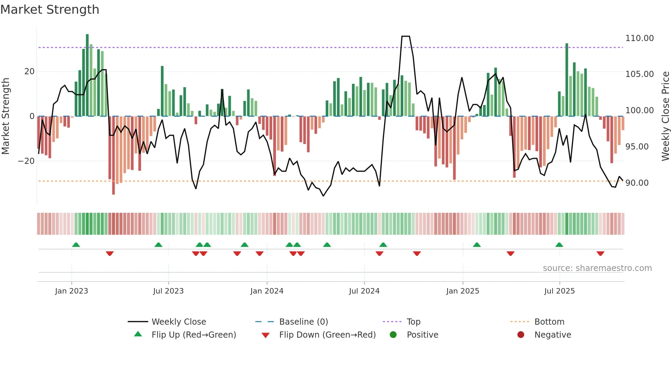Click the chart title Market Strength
click(50, 10)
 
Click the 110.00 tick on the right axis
click(639, 38)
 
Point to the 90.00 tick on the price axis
click(637, 183)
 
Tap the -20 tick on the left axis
click(26, 161)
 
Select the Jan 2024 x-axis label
click(267, 291)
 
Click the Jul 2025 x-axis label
click(559, 291)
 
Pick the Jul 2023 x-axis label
click(168, 291)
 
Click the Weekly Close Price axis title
click(665, 116)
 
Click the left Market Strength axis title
click(5, 116)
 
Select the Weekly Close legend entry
click(178, 322)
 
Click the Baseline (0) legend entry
click(303, 322)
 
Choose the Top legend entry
click(413, 322)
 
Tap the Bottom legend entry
click(549, 322)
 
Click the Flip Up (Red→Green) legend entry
click(193, 335)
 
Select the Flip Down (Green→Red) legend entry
click(327, 335)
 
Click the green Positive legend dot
click(393, 335)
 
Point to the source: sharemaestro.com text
click(597, 268)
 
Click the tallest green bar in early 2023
click(87, 75)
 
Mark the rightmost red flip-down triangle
click(600, 253)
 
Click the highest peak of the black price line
click(406, 36)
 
